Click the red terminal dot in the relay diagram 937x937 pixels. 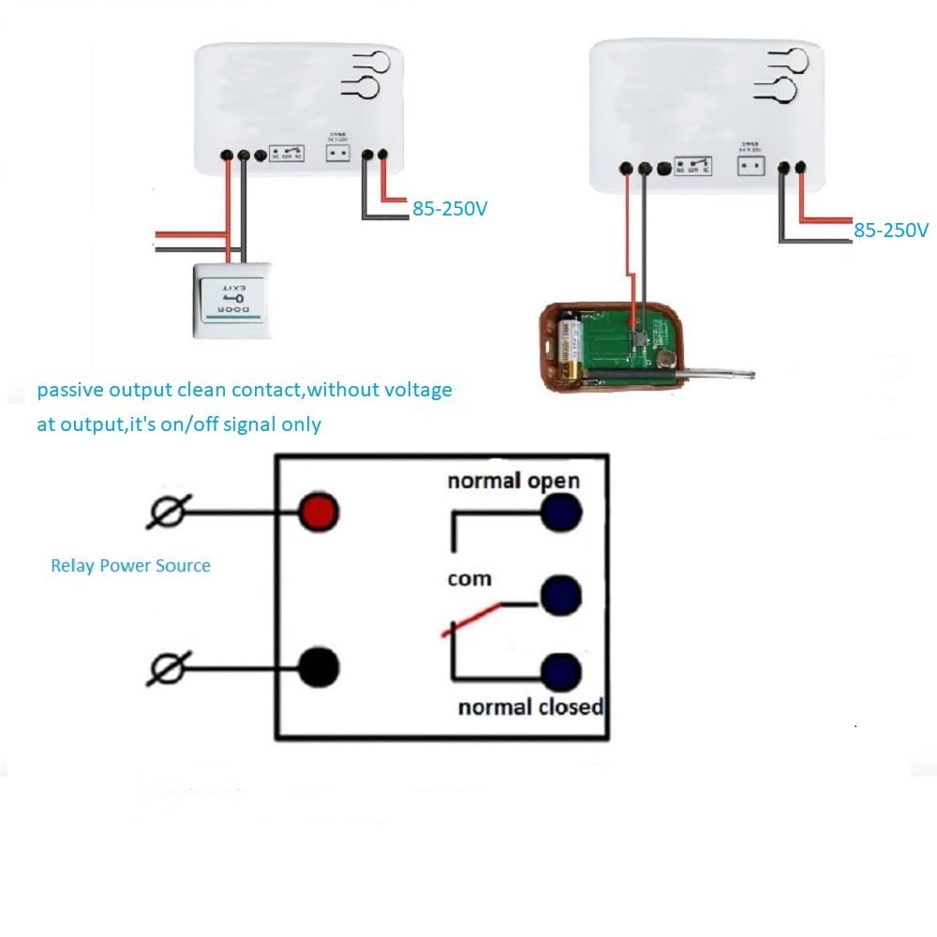[319, 512]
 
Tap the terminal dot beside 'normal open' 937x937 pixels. [561, 512]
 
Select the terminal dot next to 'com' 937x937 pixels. [561, 592]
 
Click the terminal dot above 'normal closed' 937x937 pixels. [561, 671]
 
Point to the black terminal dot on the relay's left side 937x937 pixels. [319, 667]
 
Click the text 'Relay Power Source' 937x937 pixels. [130, 565]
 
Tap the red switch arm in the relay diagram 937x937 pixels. [470, 620]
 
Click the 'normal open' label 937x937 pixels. [513, 481]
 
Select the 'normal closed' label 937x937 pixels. [529, 706]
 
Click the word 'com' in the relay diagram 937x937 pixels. [469, 579]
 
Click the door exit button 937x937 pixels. [230, 300]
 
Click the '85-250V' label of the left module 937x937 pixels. [450, 209]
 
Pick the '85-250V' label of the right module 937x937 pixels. [890, 230]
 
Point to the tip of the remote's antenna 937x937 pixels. [753, 377]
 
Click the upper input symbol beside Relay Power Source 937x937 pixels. [171, 512]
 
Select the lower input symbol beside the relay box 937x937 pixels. [171, 668]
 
